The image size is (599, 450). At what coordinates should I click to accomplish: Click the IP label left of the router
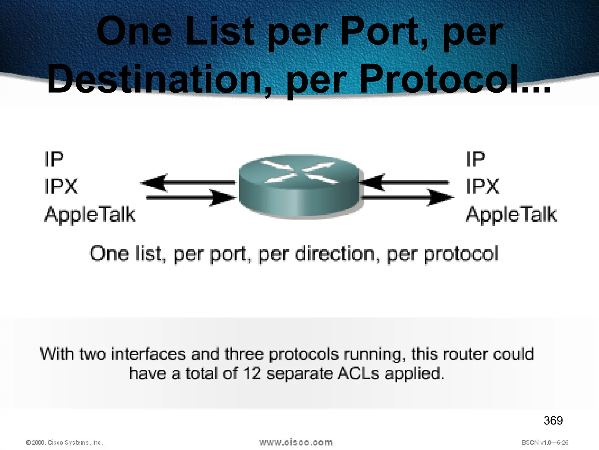point(54,159)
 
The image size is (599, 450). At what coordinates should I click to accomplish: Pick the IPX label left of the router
point(61,186)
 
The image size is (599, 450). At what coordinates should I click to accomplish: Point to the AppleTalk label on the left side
point(90,214)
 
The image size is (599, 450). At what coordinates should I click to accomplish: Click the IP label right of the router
point(476,159)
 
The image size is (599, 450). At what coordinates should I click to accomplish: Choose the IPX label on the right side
point(483,186)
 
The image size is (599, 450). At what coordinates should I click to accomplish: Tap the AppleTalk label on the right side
point(511,214)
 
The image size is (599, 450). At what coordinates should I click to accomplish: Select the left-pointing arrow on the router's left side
point(187,182)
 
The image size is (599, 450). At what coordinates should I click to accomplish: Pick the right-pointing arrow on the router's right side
point(408,198)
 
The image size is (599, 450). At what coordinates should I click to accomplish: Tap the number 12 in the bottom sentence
point(252,374)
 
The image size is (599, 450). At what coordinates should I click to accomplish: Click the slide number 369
point(553,421)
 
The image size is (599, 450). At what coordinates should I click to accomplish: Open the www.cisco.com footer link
point(296,442)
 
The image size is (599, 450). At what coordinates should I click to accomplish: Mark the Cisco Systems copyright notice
point(64,442)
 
